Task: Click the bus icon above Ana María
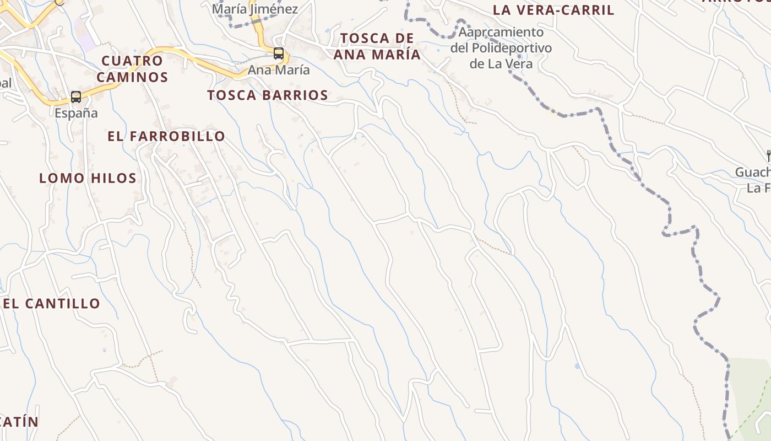tap(279, 53)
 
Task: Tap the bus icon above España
tap(76, 97)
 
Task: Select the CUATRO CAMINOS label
tap(132, 69)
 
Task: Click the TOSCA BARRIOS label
tap(268, 95)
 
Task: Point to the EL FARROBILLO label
tap(166, 136)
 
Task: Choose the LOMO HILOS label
tap(88, 178)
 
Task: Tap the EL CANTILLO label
tap(52, 304)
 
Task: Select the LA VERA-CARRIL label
tap(553, 10)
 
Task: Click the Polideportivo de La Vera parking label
tap(501, 48)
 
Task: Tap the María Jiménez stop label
tap(255, 9)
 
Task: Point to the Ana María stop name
tap(279, 71)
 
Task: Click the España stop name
tap(76, 114)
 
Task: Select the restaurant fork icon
tap(768, 156)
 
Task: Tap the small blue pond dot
tap(577, 366)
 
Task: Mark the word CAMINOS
tap(132, 77)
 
